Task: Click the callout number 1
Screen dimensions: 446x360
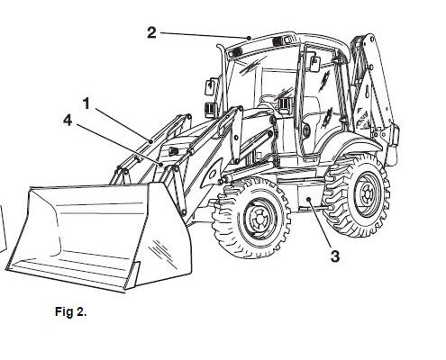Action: [86, 103]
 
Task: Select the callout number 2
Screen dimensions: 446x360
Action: [151, 32]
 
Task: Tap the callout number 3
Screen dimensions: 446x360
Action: [335, 256]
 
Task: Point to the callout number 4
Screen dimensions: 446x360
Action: [68, 121]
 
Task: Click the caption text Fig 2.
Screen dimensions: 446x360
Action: [71, 311]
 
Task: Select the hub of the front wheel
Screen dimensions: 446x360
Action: [259, 217]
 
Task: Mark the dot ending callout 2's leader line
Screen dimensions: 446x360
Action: [249, 38]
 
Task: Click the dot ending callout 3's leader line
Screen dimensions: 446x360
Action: [308, 199]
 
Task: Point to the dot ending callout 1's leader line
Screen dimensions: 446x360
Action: [150, 141]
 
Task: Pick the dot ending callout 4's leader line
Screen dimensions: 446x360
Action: [161, 165]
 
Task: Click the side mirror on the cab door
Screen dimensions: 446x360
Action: [314, 64]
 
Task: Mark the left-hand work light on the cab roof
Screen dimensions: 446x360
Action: [235, 53]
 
